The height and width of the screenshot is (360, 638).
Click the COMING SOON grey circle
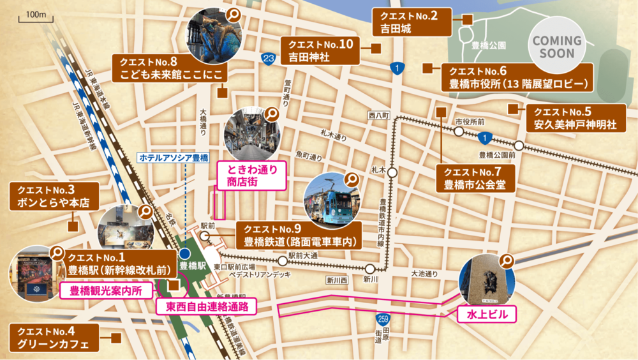click(557, 46)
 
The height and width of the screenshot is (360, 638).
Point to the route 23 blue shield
click(268, 59)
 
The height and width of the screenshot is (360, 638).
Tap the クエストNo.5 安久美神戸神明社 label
click(572, 118)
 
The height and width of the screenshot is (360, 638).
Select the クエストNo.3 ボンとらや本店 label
click(54, 197)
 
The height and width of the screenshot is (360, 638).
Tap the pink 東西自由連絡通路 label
click(207, 306)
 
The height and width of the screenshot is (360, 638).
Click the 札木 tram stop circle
click(392, 172)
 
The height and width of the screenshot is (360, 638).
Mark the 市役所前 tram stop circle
click(459, 131)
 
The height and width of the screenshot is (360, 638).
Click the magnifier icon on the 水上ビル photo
click(507, 260)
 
